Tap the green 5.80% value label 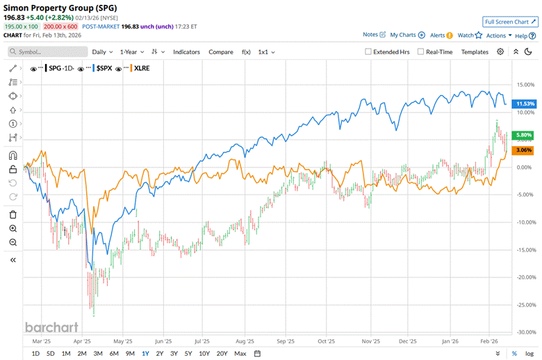(x=523, y=135)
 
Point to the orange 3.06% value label (x=523, y=150)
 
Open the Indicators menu (x=186, y=51)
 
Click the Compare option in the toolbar (x=221, y=51)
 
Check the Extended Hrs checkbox (x=369, y=51)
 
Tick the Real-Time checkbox (x=422, y=51)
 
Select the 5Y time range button (x=188, y=354)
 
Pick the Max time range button (x=240, y=354)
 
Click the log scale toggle (x=529, y=354)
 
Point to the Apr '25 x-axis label (x=83, y=341)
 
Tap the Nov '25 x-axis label (x=372, y=341)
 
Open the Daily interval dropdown (x=102, y=51)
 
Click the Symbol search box (x=49, y=51)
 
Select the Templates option (x=475, y=51)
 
